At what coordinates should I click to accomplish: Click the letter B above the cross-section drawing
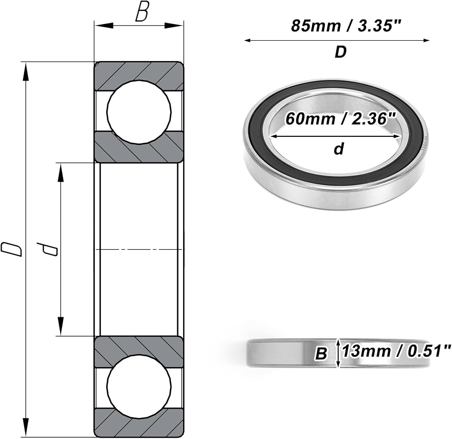(x=142, y=12)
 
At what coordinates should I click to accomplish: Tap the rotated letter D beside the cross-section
(x=11, y=248)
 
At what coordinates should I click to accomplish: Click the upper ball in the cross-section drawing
(x=139, y=112)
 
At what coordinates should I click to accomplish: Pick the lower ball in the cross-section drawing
(x=139, y=387)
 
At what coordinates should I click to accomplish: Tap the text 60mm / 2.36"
(x=341, y=118)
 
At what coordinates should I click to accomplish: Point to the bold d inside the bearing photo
(x=339, y=149)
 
